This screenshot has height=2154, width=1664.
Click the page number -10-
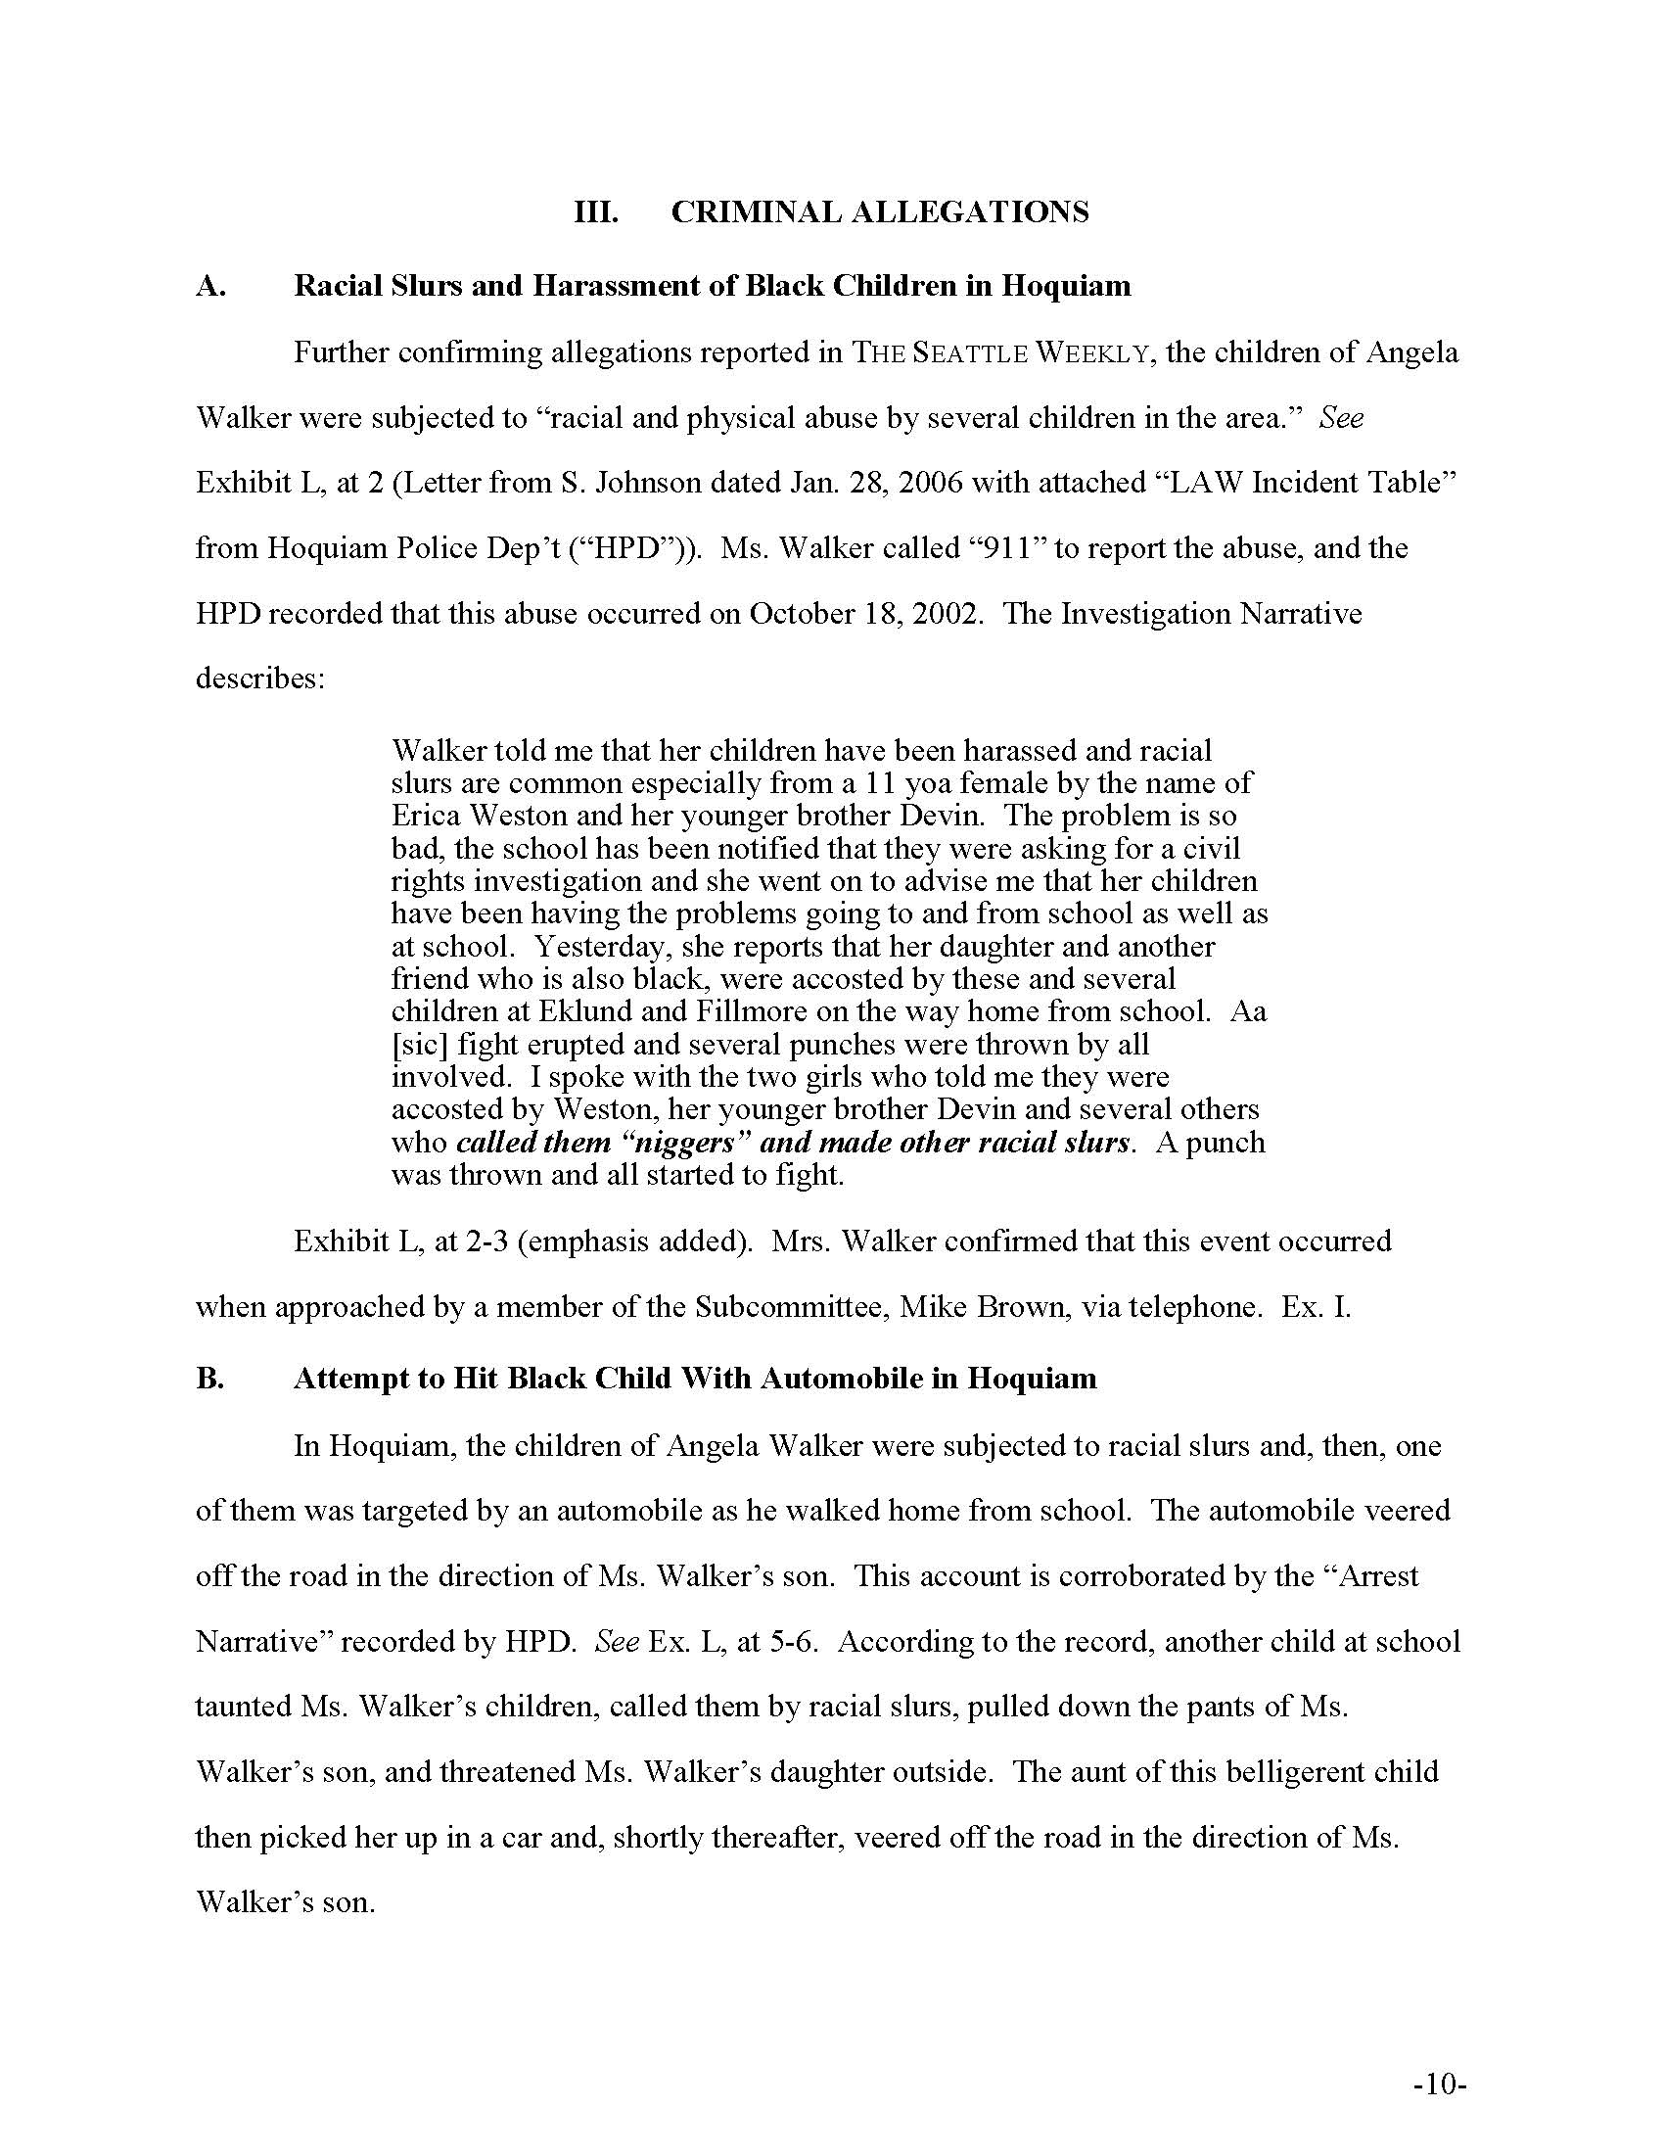[x=1440, y=2085]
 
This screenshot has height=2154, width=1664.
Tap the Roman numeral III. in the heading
[x=596, y=212]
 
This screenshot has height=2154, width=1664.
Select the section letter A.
[x=211, y=286]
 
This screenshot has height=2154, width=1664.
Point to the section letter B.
[x=210, y=1378]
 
